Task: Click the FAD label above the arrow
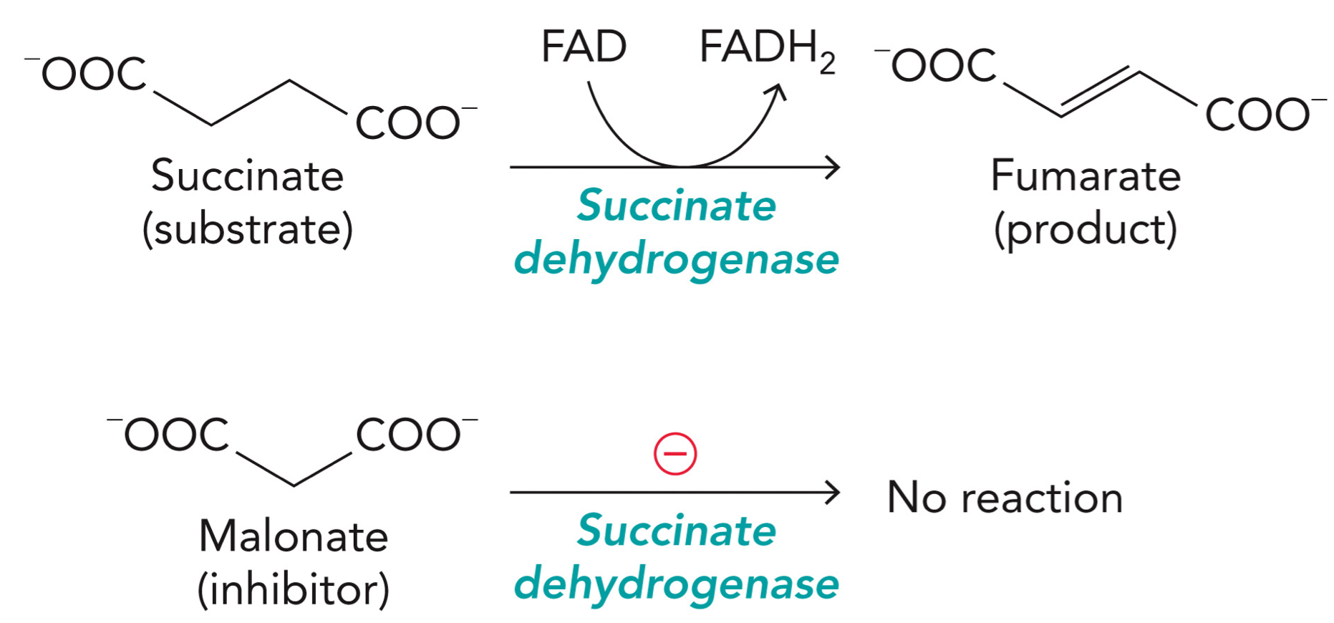(584, 47)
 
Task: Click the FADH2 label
(766, 49)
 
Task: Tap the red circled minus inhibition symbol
(675, 454)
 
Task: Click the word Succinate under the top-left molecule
(247, 175)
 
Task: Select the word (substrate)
(247, 230)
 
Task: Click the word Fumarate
(1085, 175)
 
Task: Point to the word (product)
(1085, 230)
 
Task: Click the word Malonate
(293, 536)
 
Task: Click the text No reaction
(1004, 497)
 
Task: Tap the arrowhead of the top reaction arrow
(833, 168)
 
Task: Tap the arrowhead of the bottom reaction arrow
(833, 493)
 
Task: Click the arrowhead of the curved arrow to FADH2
(778, 92)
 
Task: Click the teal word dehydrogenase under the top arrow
(676, 259)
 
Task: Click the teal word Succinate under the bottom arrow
(676, 530)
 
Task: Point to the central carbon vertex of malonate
(294, 486)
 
